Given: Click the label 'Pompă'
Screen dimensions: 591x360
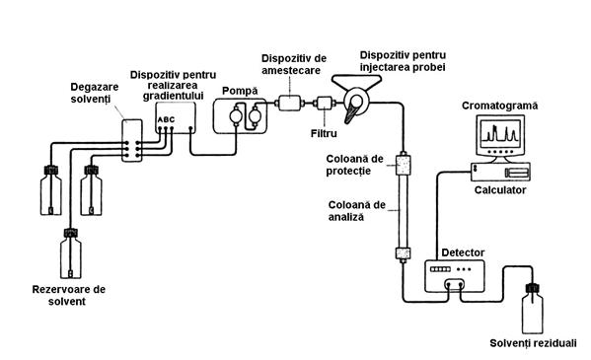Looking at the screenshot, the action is coord(240,91).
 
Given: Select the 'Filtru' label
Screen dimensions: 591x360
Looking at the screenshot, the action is coord(324,133).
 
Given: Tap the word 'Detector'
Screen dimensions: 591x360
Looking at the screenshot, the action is coord(463,252).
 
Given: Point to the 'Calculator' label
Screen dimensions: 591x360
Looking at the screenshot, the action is coord(500,190).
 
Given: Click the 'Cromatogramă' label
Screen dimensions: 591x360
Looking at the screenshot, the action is coord(500,106).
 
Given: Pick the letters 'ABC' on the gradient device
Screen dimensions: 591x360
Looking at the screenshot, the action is coord(166,120).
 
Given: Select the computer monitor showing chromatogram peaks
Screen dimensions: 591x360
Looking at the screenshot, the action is coord(500,136).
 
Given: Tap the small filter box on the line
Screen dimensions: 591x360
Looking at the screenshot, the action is coord(325,103).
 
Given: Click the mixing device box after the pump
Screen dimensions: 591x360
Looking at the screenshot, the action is coord(290,103).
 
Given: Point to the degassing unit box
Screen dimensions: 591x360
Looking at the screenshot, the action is coord(132,141).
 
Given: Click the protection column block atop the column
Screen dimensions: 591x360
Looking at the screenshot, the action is coord(403,165).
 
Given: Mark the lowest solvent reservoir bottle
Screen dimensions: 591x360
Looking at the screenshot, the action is coord(71,252).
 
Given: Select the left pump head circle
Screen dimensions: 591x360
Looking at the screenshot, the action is coord(236,115).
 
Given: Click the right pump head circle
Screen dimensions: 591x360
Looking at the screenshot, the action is coord(256,115).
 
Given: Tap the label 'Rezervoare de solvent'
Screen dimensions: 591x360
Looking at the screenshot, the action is coord(69,296).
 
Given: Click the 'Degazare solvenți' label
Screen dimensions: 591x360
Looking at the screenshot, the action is coord(95,93).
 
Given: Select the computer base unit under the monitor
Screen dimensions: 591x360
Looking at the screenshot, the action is coord(501,172).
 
